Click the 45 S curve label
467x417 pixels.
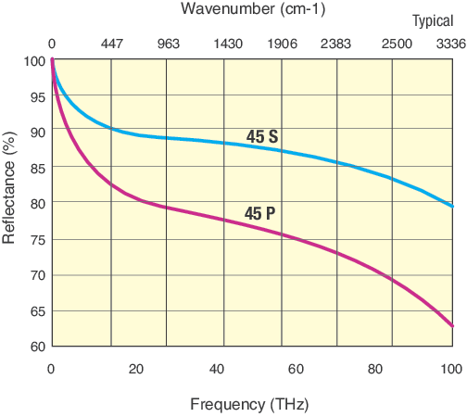(262, 136)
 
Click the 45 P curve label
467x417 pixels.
(259, 214)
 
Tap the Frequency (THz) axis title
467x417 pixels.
(249, 404)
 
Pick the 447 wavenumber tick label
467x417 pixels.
(111, 44)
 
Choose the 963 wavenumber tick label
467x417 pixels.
(168, 44)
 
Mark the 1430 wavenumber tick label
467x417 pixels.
(228, 44)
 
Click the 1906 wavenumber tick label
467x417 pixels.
(284, 44)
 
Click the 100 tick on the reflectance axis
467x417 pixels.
(33, 60)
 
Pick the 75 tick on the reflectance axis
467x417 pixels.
(36, 239)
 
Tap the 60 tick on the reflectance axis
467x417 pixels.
(36, 347)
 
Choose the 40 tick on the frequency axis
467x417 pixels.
(216, 369)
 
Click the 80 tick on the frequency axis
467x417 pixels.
(374, 369)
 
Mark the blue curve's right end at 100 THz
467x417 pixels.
(452, 207)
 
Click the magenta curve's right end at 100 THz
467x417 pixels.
(452, 326)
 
